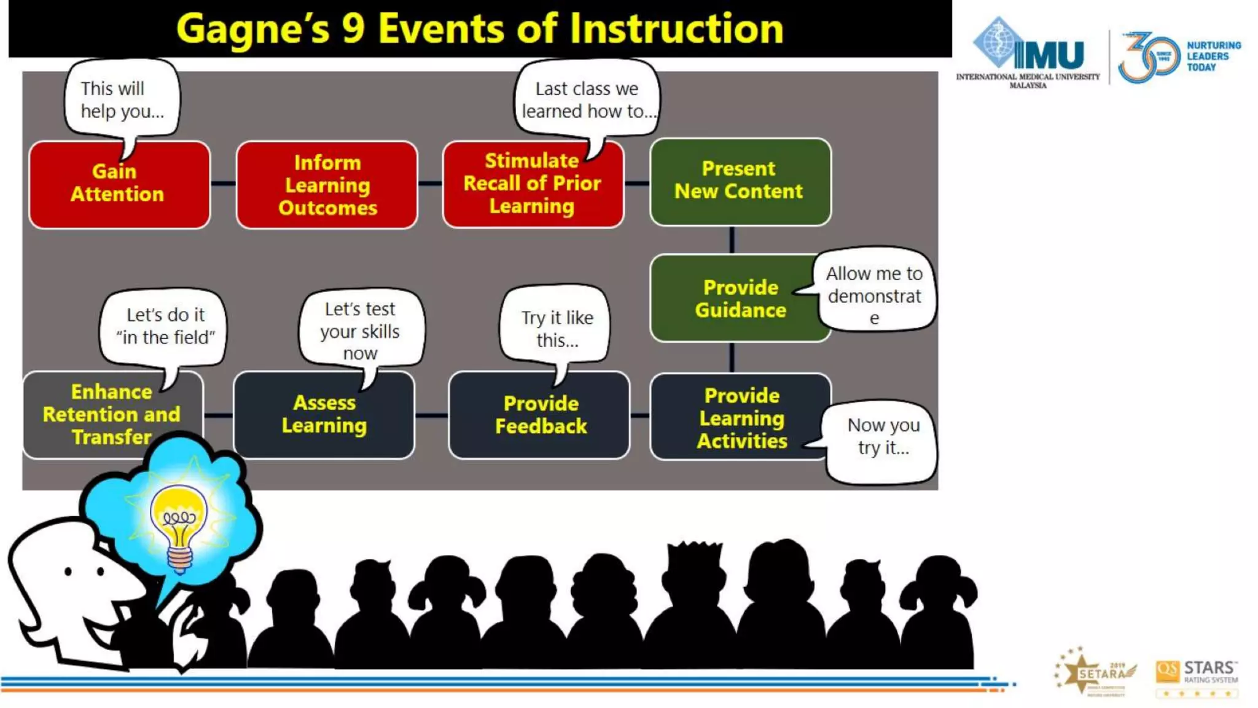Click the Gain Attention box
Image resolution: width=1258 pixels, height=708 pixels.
119,184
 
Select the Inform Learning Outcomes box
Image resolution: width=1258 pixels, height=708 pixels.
327,184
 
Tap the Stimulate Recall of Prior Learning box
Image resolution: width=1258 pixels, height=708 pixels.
533,184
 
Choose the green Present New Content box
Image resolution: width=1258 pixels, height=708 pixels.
740,181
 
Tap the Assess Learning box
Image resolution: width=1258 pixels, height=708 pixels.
324,415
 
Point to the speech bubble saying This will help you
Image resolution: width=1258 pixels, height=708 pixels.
122,98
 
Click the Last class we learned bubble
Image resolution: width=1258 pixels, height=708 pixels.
587,98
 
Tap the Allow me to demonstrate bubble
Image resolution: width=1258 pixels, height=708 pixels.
875,290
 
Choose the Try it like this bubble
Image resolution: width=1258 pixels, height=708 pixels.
557,326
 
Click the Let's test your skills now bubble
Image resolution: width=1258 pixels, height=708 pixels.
361,329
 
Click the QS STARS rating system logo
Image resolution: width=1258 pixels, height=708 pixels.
1197,676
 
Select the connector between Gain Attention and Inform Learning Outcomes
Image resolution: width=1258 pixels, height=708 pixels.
223,183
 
